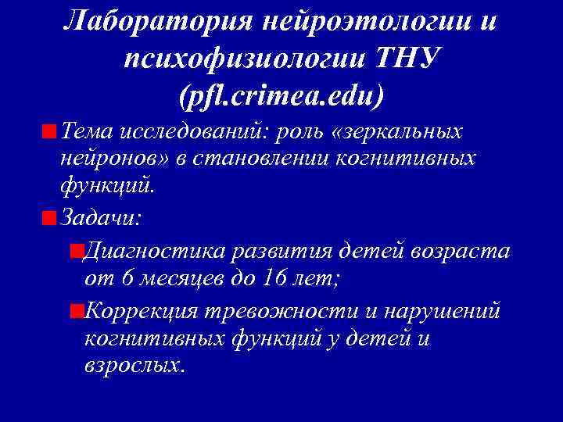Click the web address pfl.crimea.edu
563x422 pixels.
[281, 97]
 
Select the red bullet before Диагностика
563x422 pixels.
[76, 252]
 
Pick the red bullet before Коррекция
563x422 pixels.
[76, 311]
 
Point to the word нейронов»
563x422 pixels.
[106, 159]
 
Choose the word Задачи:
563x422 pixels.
[100, 217]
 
